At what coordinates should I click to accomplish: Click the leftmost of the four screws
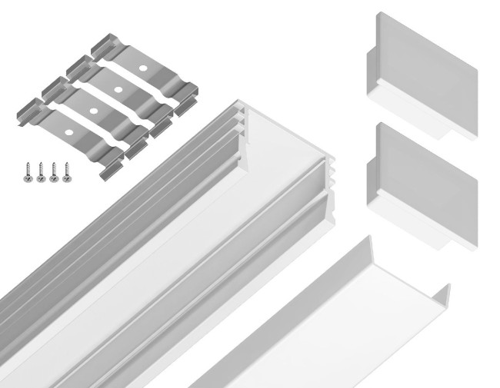click(x=26, y=171)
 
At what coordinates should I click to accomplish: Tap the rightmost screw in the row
click(x=67, y=171)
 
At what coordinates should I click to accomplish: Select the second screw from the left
click(x=39, y=171)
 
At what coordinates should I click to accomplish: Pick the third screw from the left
click(x=53, y=171)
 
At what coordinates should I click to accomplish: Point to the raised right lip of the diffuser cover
click(x=441, y=295)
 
